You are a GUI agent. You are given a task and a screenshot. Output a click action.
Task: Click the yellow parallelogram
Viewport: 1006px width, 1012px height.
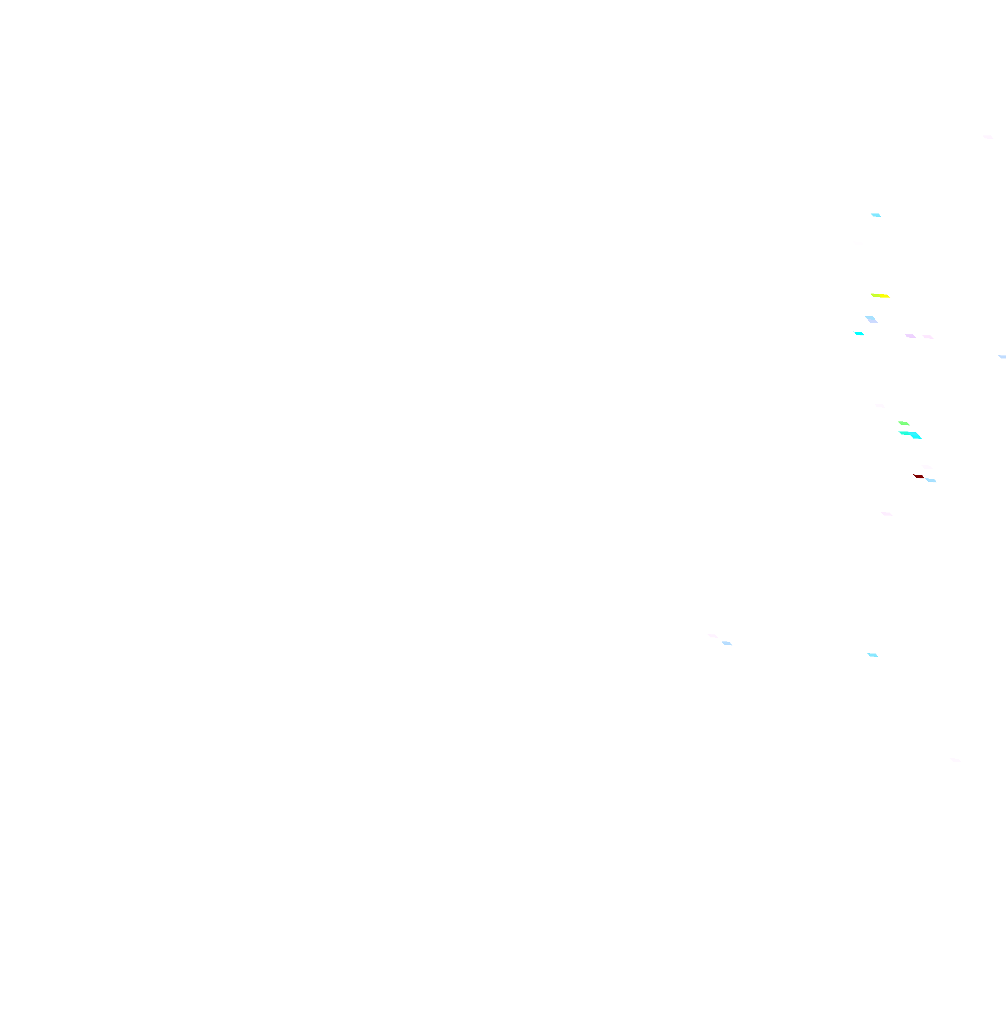pyautogui.click(x=880, y=296)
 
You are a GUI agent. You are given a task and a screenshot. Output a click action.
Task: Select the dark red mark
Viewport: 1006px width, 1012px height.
pyautogui.click(x=918, y=476)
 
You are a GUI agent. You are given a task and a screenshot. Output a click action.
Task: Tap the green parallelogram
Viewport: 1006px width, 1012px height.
pyautogui.click(x=904, y=423)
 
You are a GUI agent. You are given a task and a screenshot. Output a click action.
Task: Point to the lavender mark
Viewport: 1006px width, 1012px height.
pyautogui.click(x=910, y=336)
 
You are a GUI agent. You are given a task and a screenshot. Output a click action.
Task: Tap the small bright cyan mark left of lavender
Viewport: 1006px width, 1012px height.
pyautogui.click(x=859, y=333)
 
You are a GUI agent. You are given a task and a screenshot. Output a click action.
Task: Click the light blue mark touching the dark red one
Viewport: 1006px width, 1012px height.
pyautogui.click(x=931, y=480)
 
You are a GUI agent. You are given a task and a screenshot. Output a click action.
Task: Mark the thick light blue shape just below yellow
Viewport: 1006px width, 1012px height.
pyautogui.click(x=872, y=320)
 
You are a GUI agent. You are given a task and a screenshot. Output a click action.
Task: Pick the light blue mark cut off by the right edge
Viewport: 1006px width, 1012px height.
pyautogui.click(x=1002, y=356)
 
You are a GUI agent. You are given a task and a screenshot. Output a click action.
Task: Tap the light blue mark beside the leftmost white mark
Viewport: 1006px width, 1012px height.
pyautogui.click(x=727, y=643)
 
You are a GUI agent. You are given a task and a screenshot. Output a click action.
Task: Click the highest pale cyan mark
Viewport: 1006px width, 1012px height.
pyautogui.click(x=876, y=215)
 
